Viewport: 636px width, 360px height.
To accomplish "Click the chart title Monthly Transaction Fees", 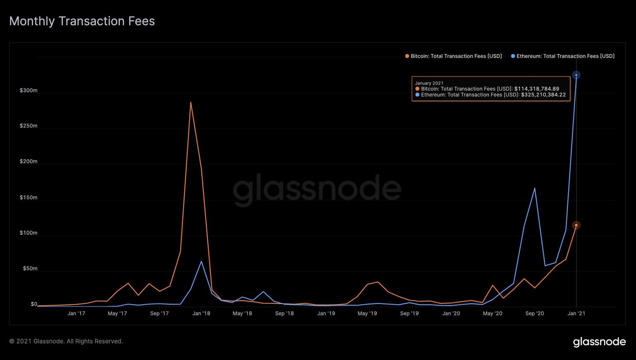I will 82,21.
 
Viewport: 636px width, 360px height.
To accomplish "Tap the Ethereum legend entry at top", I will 563,56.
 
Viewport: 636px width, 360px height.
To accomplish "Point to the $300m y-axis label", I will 29,90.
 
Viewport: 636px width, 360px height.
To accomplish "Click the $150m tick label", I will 29,197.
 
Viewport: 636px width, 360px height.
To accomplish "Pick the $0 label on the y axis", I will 34,304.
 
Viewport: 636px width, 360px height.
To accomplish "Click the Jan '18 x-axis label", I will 201,313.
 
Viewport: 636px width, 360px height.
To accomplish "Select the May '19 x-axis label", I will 367,313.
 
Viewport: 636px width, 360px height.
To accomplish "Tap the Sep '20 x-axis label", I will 535,313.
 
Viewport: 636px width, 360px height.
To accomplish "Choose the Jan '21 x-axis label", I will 576,313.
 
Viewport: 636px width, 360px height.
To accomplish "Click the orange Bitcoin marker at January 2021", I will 576,225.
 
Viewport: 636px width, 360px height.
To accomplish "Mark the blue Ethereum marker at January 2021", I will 576,75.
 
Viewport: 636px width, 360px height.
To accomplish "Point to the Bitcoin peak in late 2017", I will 190,102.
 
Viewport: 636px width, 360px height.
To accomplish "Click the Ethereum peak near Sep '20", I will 535,188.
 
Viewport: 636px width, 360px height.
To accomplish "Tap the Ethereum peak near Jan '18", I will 201,261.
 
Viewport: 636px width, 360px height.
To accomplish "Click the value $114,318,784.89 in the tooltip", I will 537,89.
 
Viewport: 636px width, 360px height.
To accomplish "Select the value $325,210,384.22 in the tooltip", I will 543,95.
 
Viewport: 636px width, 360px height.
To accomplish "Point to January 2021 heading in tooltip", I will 429,83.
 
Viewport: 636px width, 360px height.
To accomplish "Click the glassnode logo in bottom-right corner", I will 599,342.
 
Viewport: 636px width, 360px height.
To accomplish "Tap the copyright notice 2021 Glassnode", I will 66,341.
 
